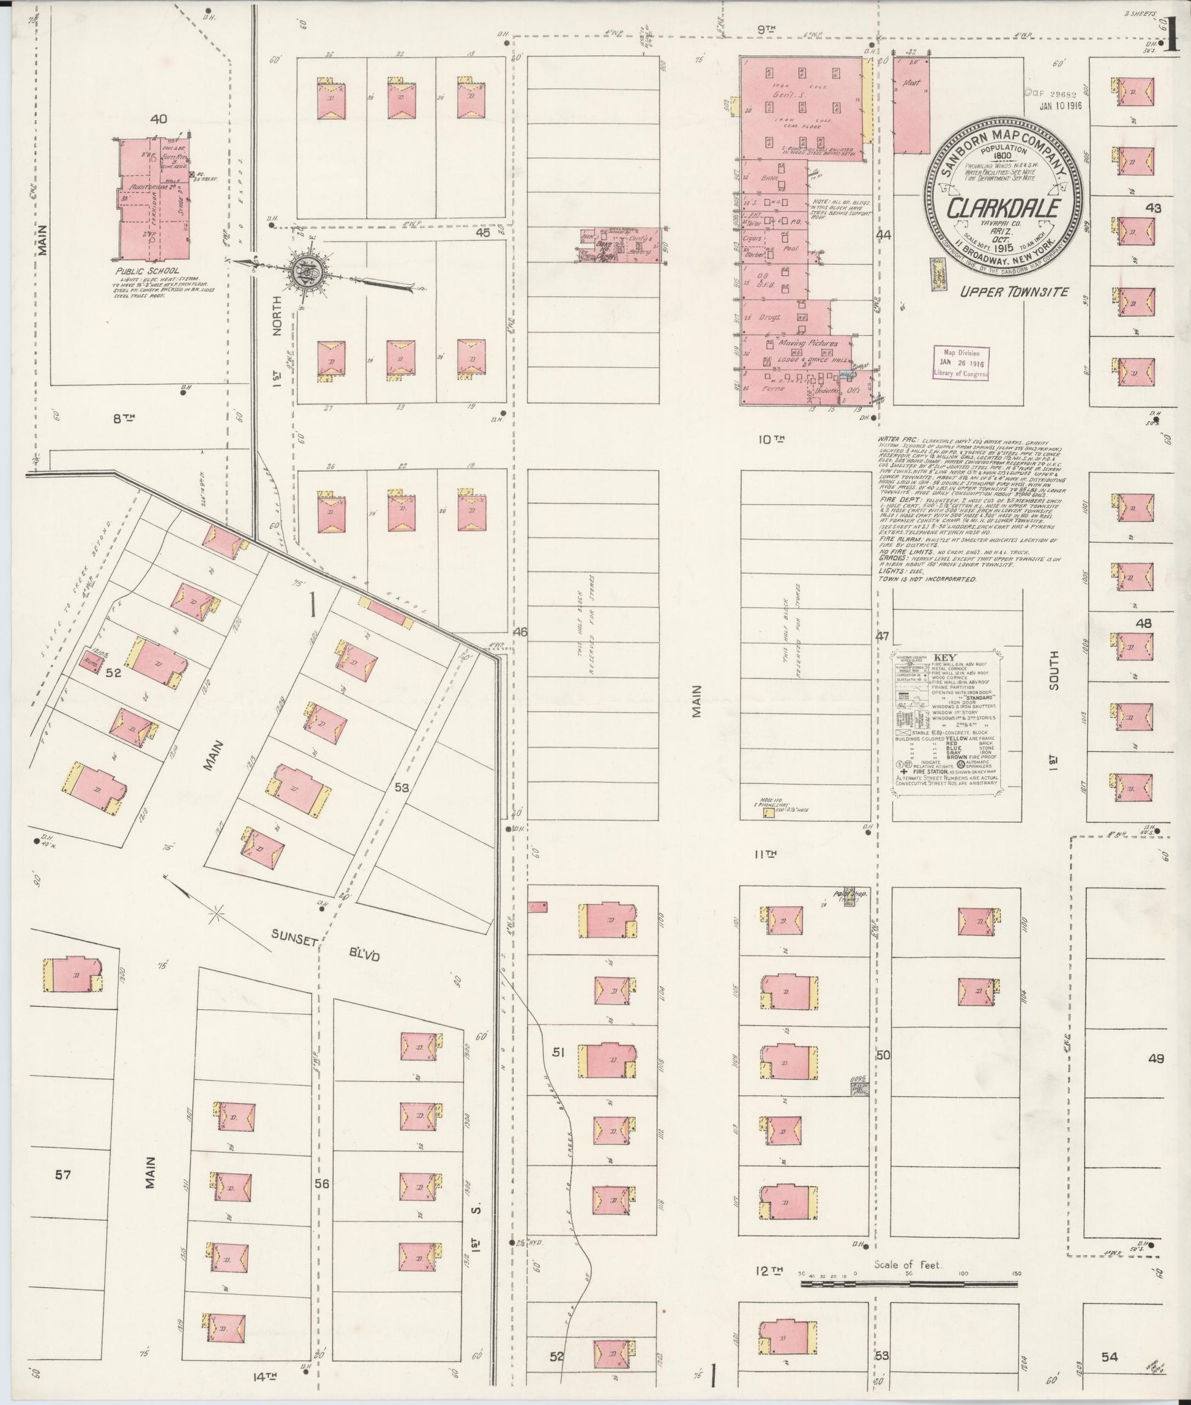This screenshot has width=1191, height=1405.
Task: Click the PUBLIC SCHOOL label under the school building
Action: click(148, 270)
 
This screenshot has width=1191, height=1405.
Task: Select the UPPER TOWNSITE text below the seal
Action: click(1015, 292)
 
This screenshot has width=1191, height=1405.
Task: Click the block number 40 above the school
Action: click(159, 119)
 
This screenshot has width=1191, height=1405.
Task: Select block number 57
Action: click(63, 1175)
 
